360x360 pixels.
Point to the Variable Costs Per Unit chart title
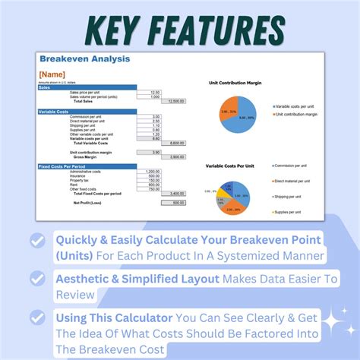click(x=235, y=166)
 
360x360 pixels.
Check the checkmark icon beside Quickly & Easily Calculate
click(x=36, y=240)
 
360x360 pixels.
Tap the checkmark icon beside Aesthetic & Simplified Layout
click(x=36, y=279)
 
